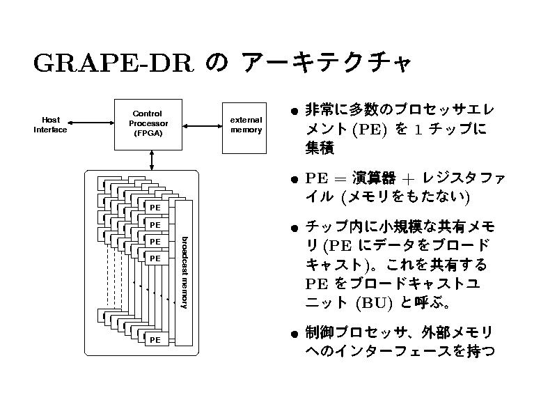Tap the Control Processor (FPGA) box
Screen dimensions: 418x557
click(148, 124)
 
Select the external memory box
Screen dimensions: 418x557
click(246, 125)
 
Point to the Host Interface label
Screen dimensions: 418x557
click(51, 124)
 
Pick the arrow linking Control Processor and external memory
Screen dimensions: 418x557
click(201, 125)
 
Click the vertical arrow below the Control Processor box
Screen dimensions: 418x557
click(152, 160)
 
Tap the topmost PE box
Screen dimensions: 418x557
click(155, 208)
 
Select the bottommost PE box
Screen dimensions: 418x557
click(155, 339)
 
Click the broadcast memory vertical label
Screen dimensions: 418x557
click(185, 272)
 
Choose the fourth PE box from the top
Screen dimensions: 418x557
click(155, 258)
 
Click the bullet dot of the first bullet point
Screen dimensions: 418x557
click(296, 111)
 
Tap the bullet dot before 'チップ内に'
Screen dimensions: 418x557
click(296, 228)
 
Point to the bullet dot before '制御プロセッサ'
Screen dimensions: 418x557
click(296, 333)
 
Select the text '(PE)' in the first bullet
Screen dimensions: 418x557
click(370, 130)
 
